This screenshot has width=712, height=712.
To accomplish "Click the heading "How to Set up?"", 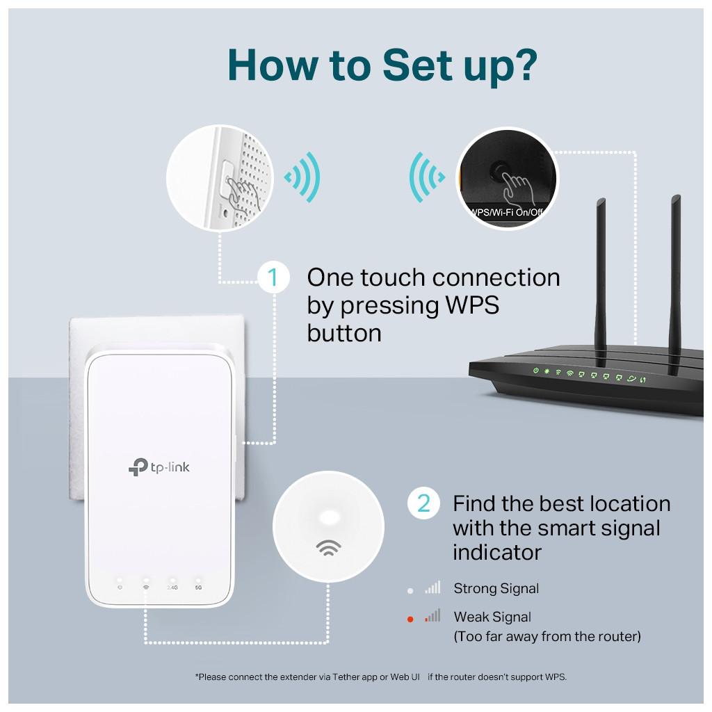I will pyautogui.click(x=382, y=65).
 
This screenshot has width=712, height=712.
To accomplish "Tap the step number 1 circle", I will pyautogui.click(x=273, y=277).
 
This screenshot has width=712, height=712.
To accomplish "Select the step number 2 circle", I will pyautogui.click(x=423, y=503).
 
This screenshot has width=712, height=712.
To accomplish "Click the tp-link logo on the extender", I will pyautogui.click(x=159, y=467).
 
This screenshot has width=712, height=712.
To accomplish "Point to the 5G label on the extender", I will pyautogui.click(x=198, y=588).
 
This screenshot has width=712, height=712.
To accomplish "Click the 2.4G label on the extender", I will pyautogui.click(x=172, y=588).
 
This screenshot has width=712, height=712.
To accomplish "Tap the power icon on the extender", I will pyautogui.click(x=120, y=588).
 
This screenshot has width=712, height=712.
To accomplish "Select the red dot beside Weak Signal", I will pyautogui.click(x=410, y=618).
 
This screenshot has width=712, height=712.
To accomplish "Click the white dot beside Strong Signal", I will pyautogui.click(x=410, y=590).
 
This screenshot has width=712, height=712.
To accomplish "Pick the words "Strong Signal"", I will pyautogui.click(x=496, y=589).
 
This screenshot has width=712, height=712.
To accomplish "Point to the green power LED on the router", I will pyautogui.click(x=535, y=371).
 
